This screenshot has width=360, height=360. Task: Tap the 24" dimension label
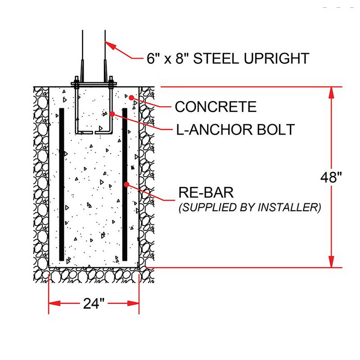(x=94, y=304)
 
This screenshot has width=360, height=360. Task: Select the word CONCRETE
(x=216, y=107)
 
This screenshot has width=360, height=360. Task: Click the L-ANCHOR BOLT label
(x=234, y=130)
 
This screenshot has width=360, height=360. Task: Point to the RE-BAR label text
(x=206, y=193)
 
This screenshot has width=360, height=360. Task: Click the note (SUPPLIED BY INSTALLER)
(x=250, y=207)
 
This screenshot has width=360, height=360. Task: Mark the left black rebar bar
(x=62, y=184)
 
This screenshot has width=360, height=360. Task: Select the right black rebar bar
(x=125, y=184)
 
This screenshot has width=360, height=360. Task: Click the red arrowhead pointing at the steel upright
(x=110, y=46)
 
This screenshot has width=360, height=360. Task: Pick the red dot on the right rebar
(x=126, y=184)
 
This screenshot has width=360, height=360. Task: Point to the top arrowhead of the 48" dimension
(x=331, y=92)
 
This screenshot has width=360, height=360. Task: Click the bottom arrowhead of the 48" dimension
(x=331, y=262)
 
